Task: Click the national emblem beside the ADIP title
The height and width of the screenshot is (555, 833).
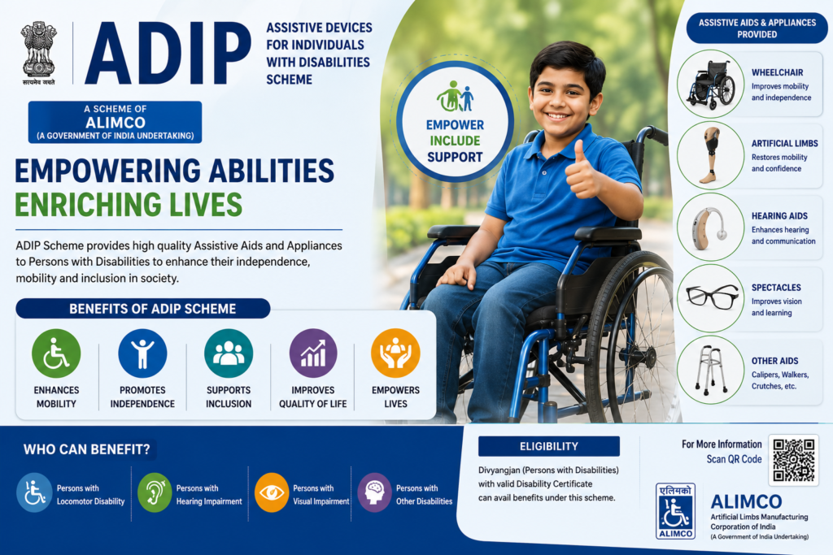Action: pos(39,53)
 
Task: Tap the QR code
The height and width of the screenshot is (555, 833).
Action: pos(794,460)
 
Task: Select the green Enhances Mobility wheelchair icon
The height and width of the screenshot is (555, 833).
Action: pos(56,353)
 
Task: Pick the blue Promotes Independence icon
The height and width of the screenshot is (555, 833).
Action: pos(142,353)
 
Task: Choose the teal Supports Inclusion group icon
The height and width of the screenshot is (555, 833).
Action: pos(229,353)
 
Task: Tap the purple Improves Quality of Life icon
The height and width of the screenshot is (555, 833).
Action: pos(313,353)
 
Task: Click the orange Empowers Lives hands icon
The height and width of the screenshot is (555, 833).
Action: pos(396,353)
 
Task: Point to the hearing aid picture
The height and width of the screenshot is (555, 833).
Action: pos(709,228)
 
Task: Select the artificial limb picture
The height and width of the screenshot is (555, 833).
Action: pos(709,155)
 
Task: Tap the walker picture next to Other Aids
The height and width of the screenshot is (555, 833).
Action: pos(711,370)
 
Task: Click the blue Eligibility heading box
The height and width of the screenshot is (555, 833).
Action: pos(549,446)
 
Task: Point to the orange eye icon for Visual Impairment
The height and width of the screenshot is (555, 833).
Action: pos(272,492)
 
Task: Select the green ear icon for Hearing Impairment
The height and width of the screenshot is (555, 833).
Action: pos(155,492)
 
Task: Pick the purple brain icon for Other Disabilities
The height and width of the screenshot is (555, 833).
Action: pos(374,492)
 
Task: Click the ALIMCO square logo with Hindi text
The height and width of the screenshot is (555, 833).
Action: pos(675,511)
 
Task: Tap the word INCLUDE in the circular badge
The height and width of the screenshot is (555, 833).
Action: pos(455,141)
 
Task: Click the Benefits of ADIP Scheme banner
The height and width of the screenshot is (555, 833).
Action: pos(143,308)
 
